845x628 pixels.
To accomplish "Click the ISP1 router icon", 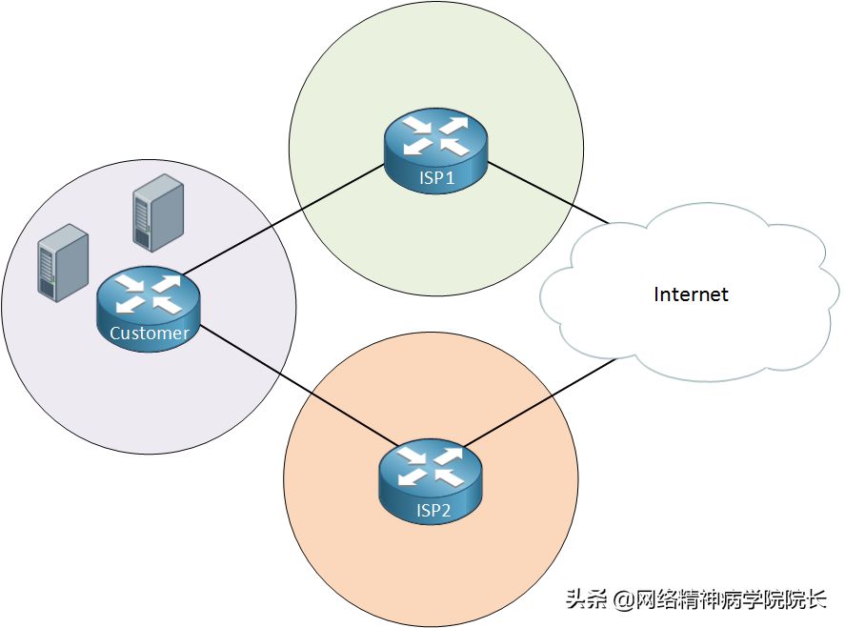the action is tap(435, 150).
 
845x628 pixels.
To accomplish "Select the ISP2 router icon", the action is tap(432, 481).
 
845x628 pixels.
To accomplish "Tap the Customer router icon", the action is tap(149, 310).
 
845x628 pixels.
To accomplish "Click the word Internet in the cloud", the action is tap(691, 294).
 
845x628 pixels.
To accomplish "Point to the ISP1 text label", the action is tap(437, 178).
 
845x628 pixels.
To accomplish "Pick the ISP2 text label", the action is tap(433, 510).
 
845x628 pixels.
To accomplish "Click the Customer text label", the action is tap(150, 334).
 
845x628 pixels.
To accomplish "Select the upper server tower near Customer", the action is tap(158, 213).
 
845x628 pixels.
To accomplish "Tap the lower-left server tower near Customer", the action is tap(63, 263).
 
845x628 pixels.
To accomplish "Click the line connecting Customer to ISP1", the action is tap(284, 219).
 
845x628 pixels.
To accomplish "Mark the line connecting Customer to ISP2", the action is tap(299, 385).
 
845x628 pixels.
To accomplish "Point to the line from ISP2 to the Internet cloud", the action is tap(539, 403).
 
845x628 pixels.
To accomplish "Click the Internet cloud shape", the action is tap(690, 293).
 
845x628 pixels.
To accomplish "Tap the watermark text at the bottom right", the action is tap(695, 599).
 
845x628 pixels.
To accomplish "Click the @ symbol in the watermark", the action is tap(624, 600).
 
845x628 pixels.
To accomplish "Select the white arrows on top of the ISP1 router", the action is tap(436, 135).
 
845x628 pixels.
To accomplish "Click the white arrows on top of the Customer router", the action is tap(149, 294).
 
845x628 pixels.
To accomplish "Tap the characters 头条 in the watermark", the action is tap(587, 599).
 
